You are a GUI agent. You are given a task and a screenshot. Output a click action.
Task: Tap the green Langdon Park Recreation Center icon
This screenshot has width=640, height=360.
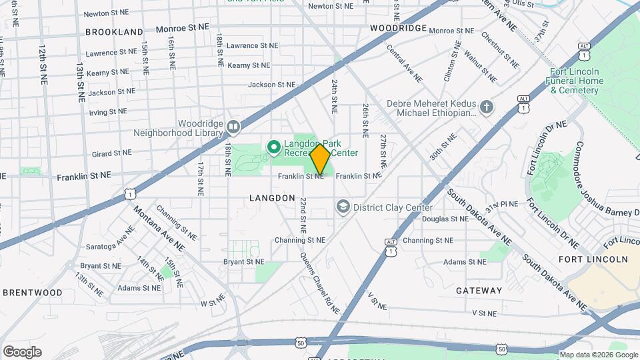pos(273,146)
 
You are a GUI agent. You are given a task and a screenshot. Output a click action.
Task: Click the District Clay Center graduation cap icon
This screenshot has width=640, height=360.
pos(343,207)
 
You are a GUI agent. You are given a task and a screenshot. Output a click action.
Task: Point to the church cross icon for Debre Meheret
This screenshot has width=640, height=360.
pos(487,107)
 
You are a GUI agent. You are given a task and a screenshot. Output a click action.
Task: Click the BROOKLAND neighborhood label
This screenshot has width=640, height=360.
pos(114,31)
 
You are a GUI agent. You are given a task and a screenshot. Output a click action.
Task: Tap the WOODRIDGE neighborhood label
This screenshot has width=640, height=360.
pos(398,28)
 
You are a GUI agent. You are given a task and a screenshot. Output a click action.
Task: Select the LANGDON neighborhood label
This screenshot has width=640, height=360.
pos(272,198)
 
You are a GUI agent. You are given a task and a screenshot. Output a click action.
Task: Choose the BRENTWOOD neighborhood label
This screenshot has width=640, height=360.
pos(32,292)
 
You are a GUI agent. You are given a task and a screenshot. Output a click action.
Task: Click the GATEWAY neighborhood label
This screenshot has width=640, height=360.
pos(479,291)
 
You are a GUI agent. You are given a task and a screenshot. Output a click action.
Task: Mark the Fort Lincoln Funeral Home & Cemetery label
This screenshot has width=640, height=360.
pos(577,81)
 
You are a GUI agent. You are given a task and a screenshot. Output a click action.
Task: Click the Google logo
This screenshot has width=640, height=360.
pos(22,352)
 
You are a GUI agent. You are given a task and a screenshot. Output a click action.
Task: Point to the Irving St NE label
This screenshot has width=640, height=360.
pos(108,112)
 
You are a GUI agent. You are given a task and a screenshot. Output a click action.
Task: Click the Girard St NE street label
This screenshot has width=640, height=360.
pos(111,153)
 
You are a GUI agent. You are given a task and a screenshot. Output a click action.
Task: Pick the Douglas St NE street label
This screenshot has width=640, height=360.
pos(445,219)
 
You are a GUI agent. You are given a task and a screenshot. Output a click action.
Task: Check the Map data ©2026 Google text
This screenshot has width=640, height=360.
pos(598,355)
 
